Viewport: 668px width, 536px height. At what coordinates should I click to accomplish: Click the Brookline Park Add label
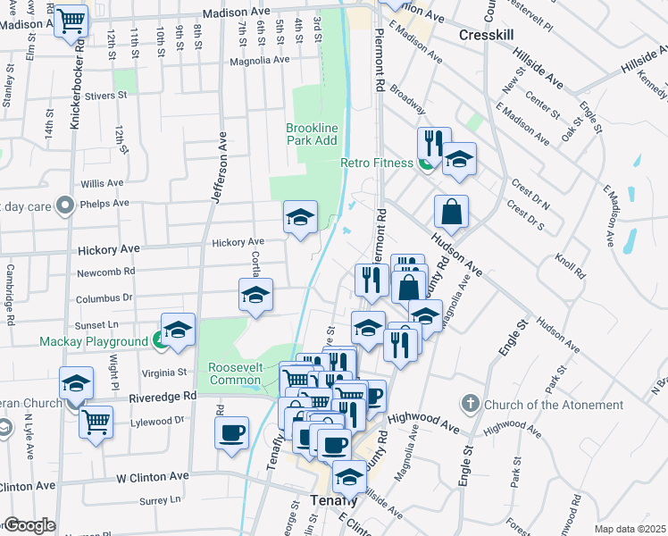pyautogui.click(x=312, y=134)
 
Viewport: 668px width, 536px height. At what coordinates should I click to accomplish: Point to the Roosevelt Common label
pyautogui.click(x=235, y=373)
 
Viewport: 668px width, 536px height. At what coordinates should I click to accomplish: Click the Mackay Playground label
pyautogui.click(x=94, y=341)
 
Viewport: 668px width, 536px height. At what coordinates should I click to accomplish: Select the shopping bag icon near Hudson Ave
pyautogui.click(x=452, y=213)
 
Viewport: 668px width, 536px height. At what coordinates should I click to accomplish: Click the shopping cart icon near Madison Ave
pyautogui.click(x=71, y=20)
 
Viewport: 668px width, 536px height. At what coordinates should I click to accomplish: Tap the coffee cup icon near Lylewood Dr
pyautogui.click(x=232, y=432)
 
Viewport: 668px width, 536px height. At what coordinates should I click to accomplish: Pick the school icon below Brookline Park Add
pyautogui.click(x=301, y=216)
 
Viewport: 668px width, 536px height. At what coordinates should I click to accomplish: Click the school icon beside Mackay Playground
pyautogui.click(x=178, y=330)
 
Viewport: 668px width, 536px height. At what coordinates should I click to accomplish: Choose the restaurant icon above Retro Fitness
pyautogui.click(x=430, y=142)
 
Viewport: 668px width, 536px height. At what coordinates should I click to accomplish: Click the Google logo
pyautogui.click(x=30, y=526)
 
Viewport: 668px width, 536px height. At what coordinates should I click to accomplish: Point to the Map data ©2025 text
pyautogui.click(x=629, y=529)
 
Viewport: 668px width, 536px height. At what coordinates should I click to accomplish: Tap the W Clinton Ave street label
pyautogui.click(x=153, y=478)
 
